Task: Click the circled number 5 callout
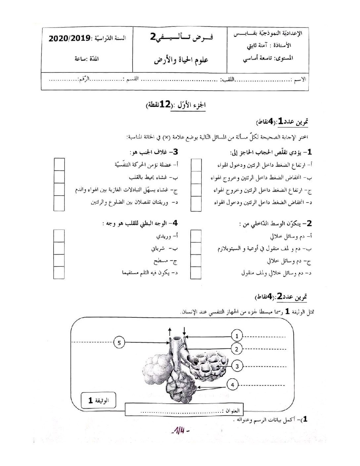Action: tap(119, 343)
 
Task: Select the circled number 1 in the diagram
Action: tap(237, 336)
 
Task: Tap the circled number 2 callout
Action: tap(237, 349)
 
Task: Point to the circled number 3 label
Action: tap(237, 366)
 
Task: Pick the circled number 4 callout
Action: tap(233, 385)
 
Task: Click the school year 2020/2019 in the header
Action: tap(69, 38)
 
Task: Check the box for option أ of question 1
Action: tap(196, 165)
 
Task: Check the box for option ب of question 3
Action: tap(59, 177)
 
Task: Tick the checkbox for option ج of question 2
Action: tap(196, 261)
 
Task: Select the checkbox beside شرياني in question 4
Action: tap(59, 248)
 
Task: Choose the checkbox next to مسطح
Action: tap(59, 261)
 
